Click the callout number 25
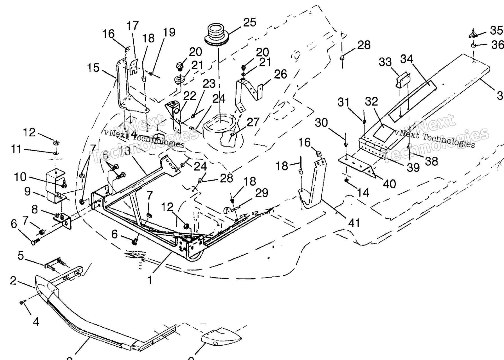pos(250,22)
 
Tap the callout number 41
pos(354,223)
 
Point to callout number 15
pos(93,68)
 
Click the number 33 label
pos(385,62)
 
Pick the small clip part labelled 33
pos(403,80)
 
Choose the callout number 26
pos(280,74)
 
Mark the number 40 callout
pos(389,184)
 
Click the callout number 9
pos(27,192)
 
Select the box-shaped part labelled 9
pos(55,186)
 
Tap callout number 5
pos(21,256)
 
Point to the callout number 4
pos(36,322)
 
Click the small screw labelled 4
pos(22,302)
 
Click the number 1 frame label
pos(150,280)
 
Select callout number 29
pos(262,193)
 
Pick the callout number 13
pos(126,151)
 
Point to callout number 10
pos(20,177)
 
